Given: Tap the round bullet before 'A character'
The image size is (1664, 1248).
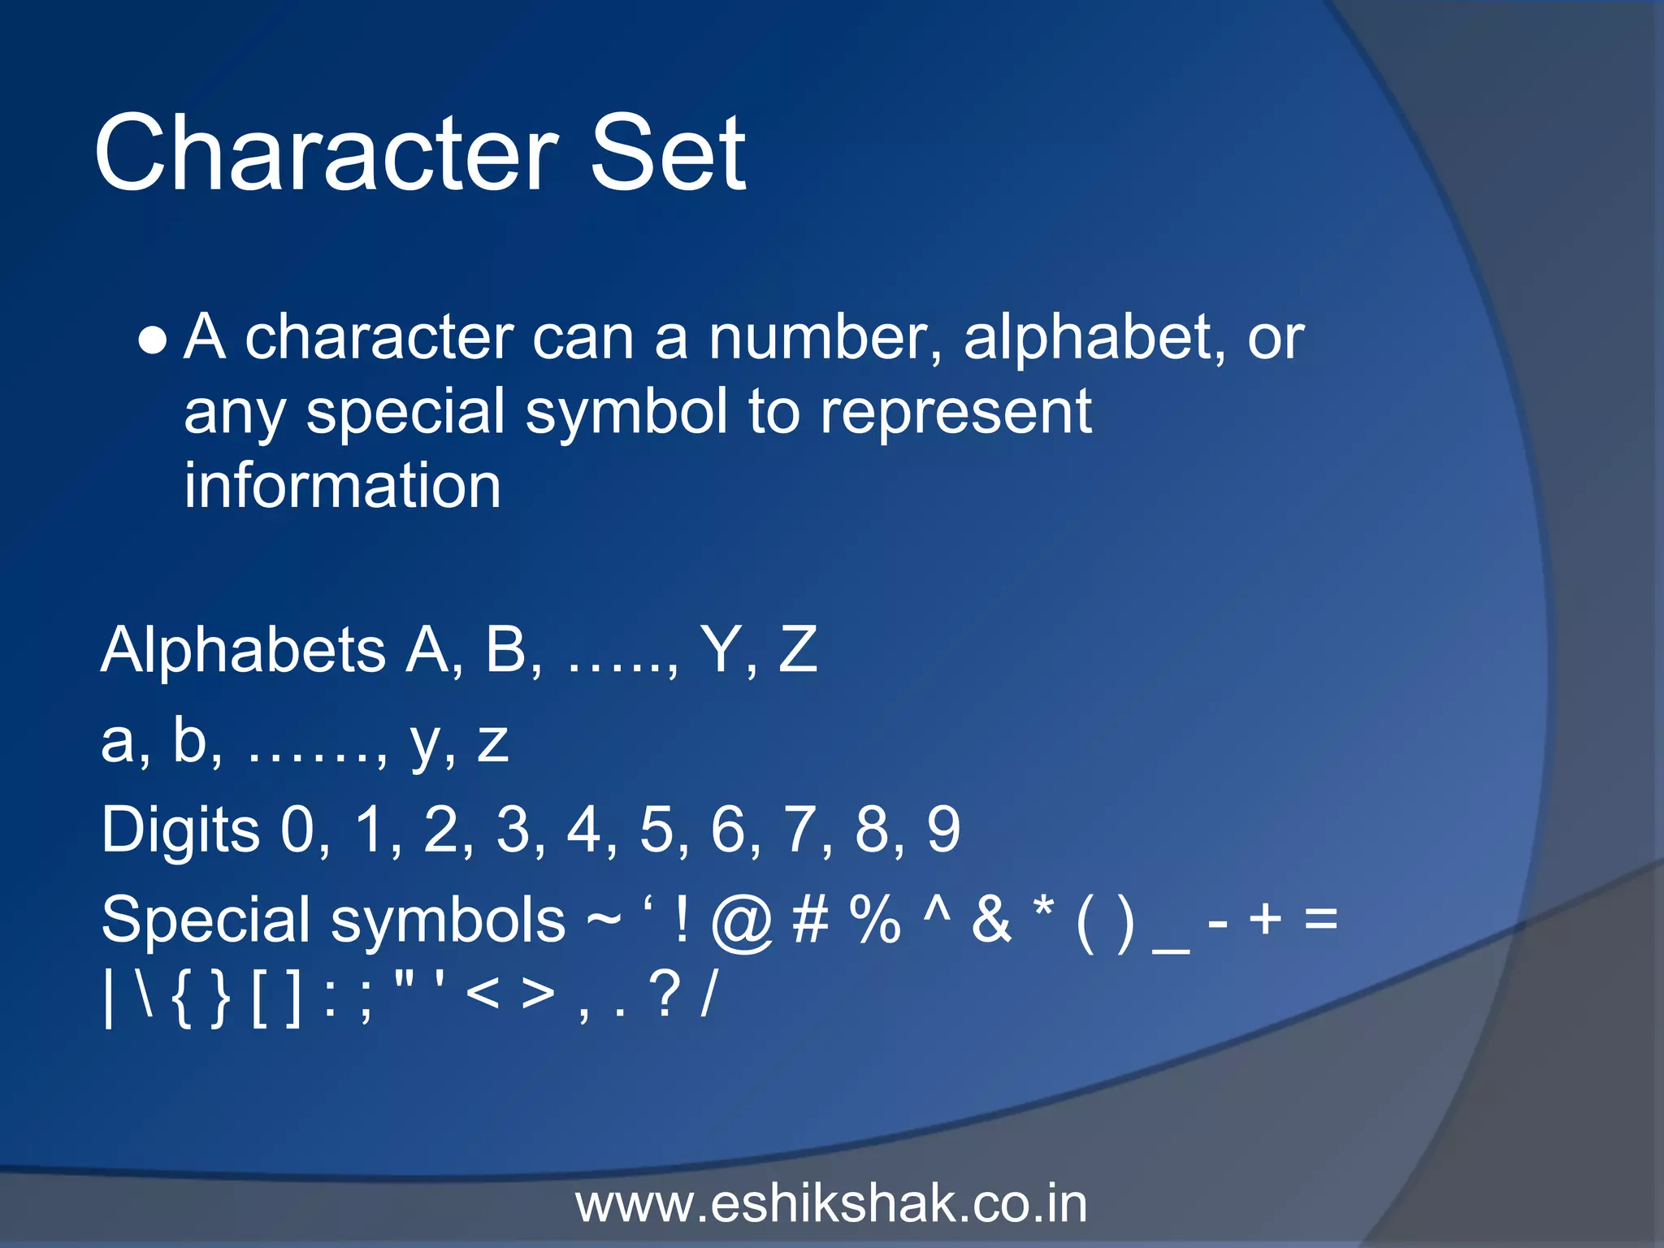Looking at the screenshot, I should click(x=153, y=341).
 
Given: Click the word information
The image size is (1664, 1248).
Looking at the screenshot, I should click(x=342, y=486).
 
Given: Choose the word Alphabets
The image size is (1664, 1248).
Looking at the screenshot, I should click(x=243, y=650).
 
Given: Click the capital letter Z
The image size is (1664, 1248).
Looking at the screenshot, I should click(x=797, y=650).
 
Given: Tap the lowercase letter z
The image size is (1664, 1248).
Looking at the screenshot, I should click(x=492, y=743).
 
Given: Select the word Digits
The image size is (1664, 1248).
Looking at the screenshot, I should click(x=180, y=830).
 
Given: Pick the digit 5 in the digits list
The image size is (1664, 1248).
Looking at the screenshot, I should click(x=656, y=830).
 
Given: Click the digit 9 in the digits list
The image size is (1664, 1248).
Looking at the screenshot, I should click(x=943, y=830).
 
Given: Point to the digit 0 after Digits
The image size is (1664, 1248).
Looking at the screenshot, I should click(x=297, y=830).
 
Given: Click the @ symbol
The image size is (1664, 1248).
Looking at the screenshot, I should click(x=741, y=922).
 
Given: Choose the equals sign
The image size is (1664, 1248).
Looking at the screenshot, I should click(x=1320, y=921).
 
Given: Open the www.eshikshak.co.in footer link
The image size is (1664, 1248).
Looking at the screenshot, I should click(x=831, y=1204).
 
